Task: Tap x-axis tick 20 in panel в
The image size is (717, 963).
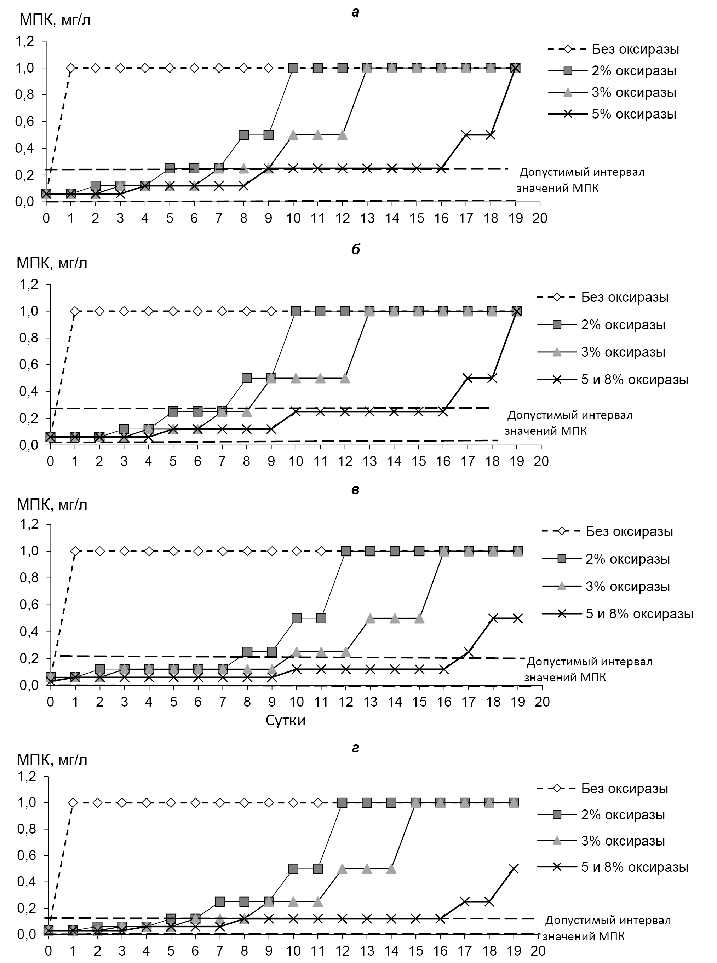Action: pyautogui.click(x=542, y=702)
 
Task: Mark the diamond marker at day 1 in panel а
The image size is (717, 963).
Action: pyautogui.click(x=71, y=68)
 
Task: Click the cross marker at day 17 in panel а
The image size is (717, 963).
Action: pyautogui.click(x=466, y=135)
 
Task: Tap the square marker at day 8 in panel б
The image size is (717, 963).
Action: pyautogui.click(x=247, y=378)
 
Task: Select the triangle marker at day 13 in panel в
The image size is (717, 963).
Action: pyautogui.click(x=370, y=618)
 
